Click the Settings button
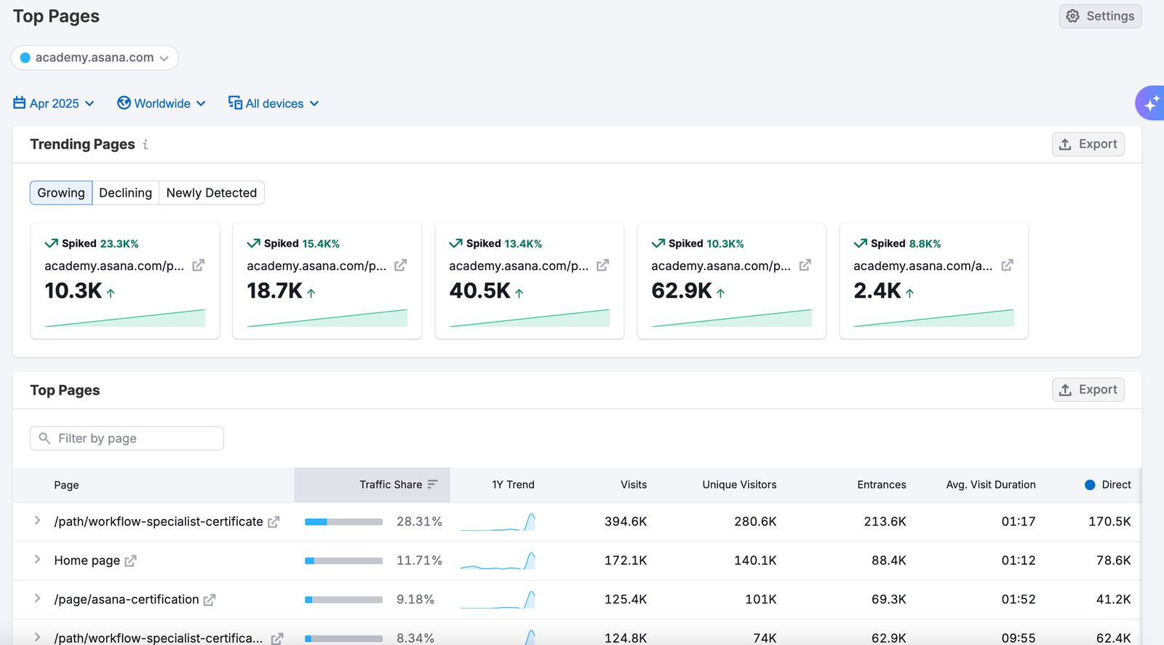pos(1100,16)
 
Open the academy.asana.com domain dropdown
pos(95,58)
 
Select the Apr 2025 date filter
pos(54,103)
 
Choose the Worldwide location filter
pos(162,103)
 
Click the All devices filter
pos(274,103)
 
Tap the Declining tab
pos(125,193)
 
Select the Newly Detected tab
pos(211,193)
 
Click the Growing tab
pos(61,193)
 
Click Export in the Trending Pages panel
pos(1088,144)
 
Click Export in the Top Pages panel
pos(1088,390)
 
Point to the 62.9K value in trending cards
pos(682,290)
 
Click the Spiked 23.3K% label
pos(92,244)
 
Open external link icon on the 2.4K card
pos(1007,266)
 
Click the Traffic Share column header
pos(391,485)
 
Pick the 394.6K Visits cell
pos(626,521)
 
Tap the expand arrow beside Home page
pos(37,560)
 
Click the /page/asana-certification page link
pos(127,599)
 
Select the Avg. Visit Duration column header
pos(990,485)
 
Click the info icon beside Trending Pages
pos(145,144)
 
